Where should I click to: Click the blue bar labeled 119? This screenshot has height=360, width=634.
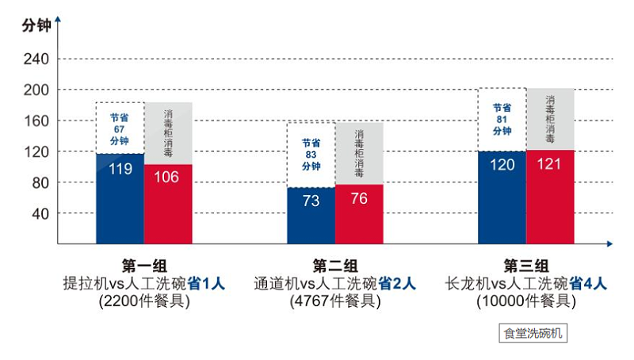(x=120, y=198)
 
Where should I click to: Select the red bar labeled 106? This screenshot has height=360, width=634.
(x=168, y=203)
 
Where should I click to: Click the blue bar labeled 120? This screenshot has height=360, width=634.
(x=502, y=197)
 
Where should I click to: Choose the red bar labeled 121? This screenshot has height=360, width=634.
(x=550, y=197)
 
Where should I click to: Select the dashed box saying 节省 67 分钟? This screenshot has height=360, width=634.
(x=120, y=128)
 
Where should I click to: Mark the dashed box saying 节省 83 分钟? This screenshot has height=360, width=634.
(x=311, y=155)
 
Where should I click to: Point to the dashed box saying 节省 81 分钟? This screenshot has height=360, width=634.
(x=502, y=119)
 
